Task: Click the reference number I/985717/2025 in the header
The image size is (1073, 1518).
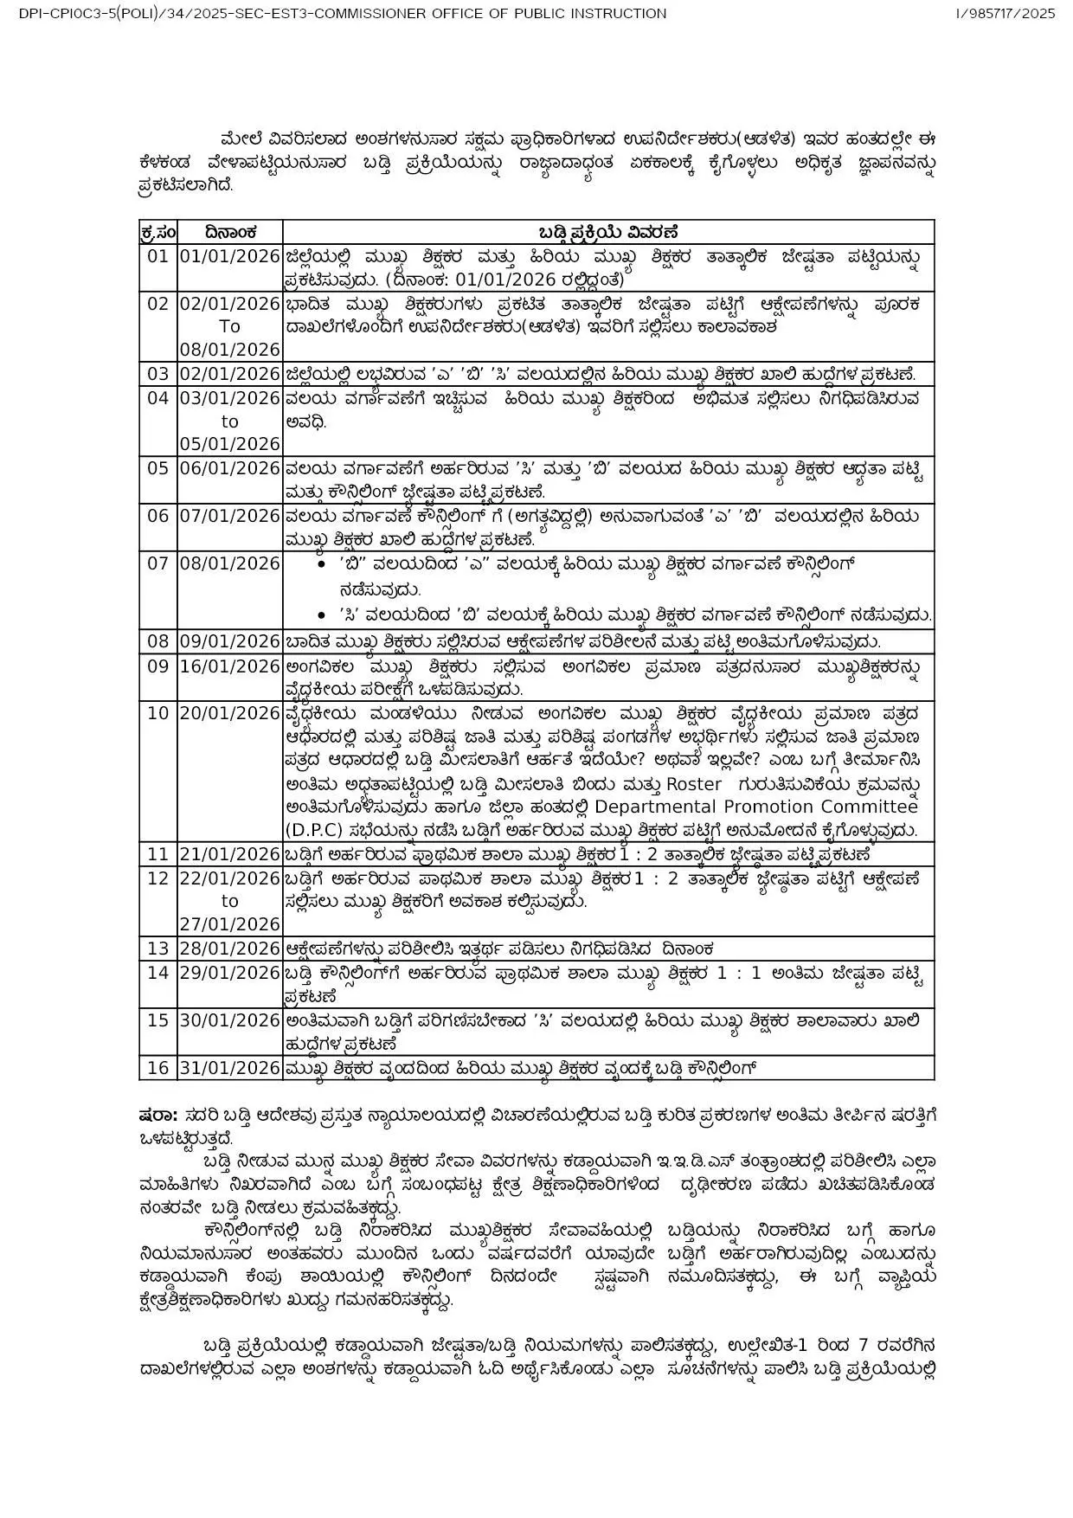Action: tap(1006, 13)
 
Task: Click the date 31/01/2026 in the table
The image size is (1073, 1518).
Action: tap(230, 1068)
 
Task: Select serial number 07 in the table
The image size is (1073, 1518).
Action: tap(157, 563)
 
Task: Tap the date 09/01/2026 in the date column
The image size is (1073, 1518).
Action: tap(230, 641)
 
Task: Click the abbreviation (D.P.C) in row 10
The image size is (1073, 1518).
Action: tap(312, 829)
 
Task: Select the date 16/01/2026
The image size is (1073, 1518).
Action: tap(230, 666)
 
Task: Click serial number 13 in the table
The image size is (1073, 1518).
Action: tap(157, 949)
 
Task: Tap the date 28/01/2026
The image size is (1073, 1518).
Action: tap(230, 949)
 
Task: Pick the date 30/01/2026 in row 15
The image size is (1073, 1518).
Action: tap(230, 1020)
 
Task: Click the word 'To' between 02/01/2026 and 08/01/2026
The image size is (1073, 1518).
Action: tap(229, 326)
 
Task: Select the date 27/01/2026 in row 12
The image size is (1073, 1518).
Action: tap(230, 923)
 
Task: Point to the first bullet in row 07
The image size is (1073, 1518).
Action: tap(321, 564)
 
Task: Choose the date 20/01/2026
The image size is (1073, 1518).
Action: tap(230, 713)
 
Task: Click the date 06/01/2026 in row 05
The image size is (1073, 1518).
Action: tap(230, 468)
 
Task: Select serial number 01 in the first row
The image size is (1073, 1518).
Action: tap(157, 256)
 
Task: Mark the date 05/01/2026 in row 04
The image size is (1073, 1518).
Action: tap(230, 444)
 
